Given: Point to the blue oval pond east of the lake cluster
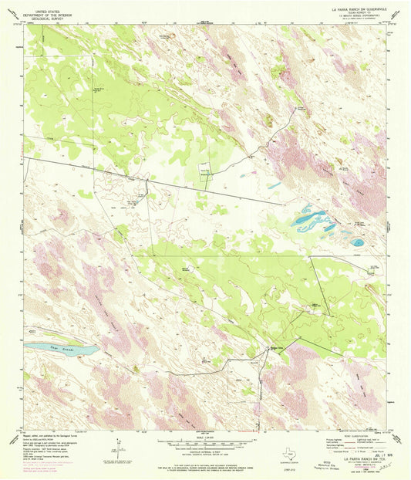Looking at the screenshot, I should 358,242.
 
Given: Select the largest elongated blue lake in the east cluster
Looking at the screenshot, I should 312,220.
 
